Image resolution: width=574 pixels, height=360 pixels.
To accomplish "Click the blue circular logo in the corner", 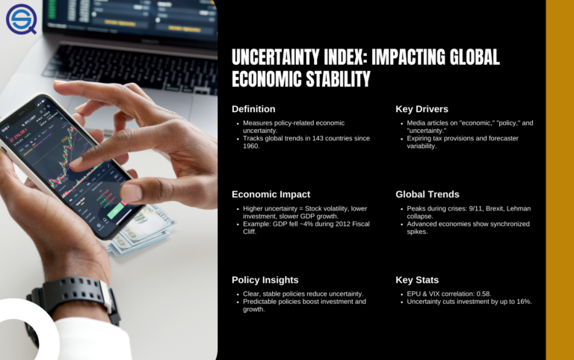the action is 21,19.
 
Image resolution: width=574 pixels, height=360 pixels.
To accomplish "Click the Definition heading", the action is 253,109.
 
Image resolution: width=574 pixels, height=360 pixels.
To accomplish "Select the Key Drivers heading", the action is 422,109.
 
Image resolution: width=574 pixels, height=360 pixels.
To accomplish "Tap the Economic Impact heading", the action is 271,194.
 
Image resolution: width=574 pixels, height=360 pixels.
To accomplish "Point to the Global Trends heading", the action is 428,194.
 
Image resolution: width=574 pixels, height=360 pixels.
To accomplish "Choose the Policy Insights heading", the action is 265,280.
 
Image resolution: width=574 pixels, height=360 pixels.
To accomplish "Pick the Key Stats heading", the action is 417,280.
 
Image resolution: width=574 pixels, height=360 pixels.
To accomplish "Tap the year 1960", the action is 250,146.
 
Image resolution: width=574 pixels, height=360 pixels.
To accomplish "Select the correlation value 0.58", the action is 483,294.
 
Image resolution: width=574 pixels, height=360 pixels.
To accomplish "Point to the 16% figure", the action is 523,302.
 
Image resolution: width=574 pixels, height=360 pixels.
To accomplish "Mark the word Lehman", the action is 519,208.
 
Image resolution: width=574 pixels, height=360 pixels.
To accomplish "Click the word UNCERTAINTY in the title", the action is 275,57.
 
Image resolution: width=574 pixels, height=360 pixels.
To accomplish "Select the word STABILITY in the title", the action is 338,79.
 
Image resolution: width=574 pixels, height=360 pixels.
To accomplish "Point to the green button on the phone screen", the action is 116,212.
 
